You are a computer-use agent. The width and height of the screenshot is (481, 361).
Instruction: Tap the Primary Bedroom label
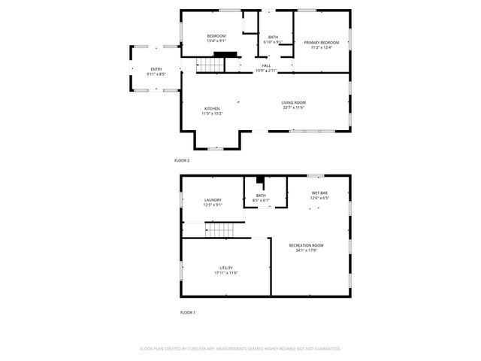click(x=321, y=43)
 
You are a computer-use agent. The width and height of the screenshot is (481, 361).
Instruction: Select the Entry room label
click(x=156, y=69)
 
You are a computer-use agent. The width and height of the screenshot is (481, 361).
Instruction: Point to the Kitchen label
click(x=212, y=108)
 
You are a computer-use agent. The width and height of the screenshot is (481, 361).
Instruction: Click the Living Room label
click(x=294, y=102)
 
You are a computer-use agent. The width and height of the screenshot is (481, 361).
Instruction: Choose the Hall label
click(x=266, y=65)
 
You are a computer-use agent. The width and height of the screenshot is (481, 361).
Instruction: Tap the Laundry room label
click(x=213, y=199)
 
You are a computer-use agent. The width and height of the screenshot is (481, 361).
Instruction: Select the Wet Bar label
click(x=320, y=193)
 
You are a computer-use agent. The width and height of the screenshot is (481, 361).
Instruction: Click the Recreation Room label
click(x=306, y=245)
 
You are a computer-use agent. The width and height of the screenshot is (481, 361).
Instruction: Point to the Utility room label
click(x=225, y=268)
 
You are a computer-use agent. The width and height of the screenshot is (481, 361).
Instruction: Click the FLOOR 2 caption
click(x=182, y=161)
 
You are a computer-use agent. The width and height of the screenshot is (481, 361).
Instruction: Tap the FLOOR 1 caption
click(x=187, y=312)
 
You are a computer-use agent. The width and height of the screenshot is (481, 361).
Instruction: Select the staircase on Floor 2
click(x=211, y=66)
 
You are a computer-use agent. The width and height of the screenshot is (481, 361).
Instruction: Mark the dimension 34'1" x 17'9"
click(x=306, y=250)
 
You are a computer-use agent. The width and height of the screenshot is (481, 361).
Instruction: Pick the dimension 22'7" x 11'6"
click(x=294, y=108)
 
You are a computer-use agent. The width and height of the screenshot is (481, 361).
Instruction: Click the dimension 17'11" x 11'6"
click(x=225, y=273)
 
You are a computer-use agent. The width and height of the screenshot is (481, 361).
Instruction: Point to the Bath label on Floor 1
click(x=261, y=196)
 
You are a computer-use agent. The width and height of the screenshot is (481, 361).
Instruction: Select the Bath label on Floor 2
click(x=273, y=37)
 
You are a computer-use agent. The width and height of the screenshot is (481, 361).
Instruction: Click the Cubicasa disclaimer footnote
click(x=240, y=349)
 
